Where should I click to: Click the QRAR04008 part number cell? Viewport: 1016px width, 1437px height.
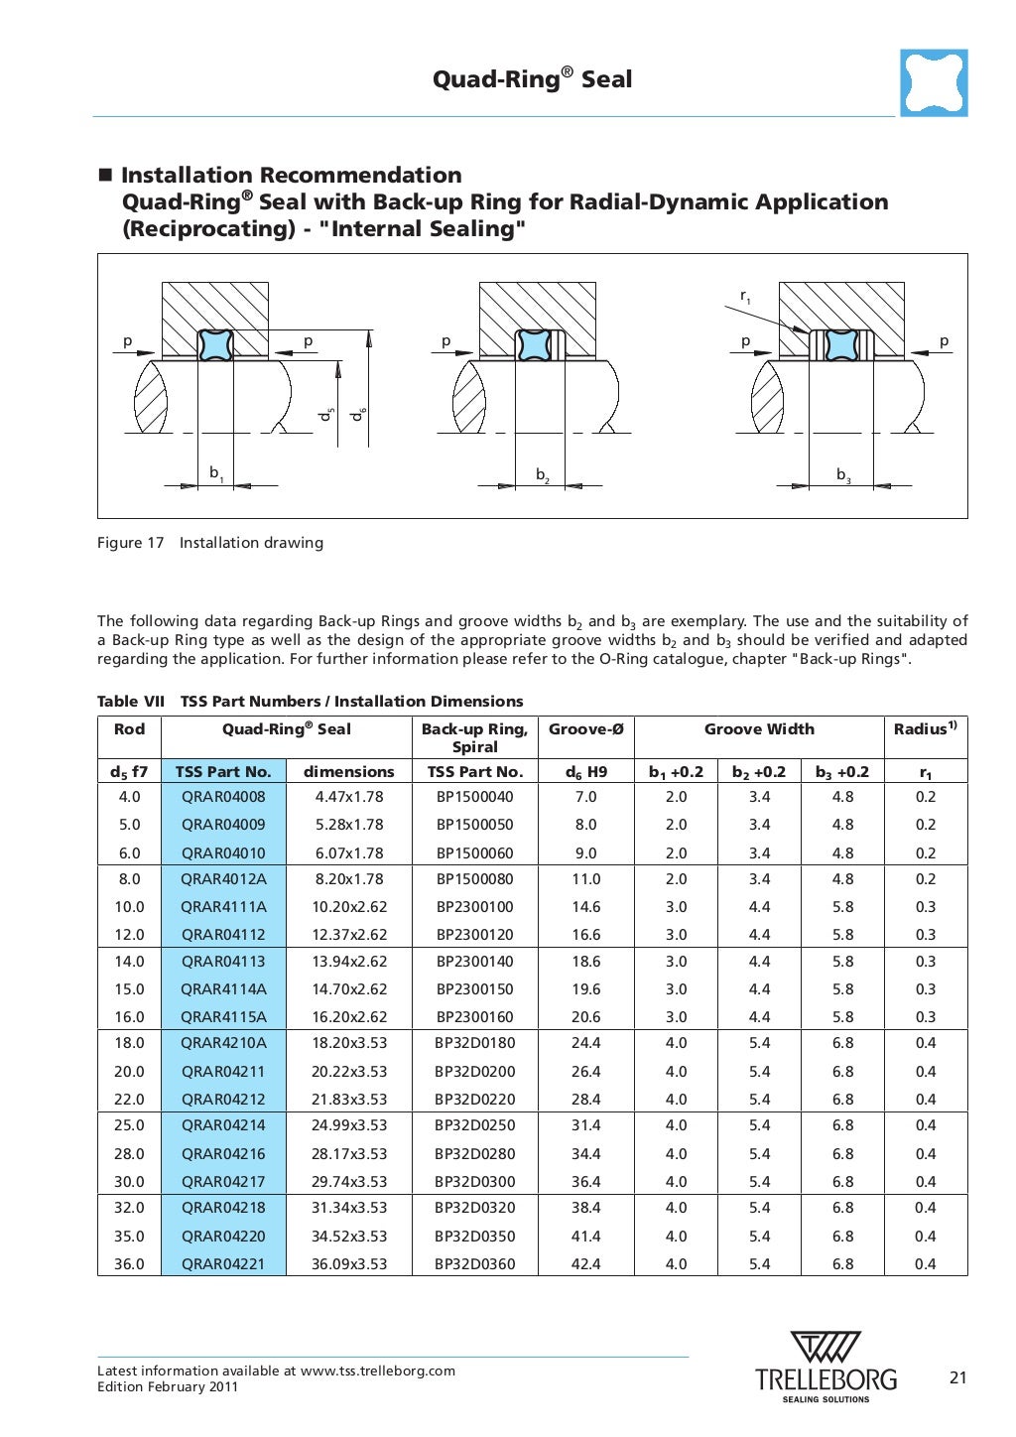[223, 797]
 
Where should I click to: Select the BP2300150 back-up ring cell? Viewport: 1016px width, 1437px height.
[474, 989]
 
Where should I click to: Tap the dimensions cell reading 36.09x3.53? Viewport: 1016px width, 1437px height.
[349, 1264]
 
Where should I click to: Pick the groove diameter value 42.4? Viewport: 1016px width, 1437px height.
[585, 1264]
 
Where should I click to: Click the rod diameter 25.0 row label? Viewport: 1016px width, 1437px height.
[129, 1125]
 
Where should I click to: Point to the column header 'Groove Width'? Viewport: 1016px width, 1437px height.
[759, 729]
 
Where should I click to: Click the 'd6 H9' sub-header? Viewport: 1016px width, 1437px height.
[585, 772]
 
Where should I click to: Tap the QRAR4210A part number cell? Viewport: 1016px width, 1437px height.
[223, 1043]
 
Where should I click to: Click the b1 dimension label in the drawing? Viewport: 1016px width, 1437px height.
[215, 473]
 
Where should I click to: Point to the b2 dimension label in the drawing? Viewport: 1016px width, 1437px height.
[543, 475]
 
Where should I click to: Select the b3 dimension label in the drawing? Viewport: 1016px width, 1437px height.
[843, 475]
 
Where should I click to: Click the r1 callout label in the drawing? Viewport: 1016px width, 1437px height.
[745, 296]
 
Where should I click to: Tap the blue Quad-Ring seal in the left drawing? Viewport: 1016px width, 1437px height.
[215, 344]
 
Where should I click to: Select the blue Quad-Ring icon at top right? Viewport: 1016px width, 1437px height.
[934, 83]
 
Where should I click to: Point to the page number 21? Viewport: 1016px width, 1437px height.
[957, 1377]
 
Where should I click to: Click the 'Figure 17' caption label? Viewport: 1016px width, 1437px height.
[130, 543]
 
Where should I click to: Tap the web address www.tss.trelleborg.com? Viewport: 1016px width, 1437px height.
[378, 1371]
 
